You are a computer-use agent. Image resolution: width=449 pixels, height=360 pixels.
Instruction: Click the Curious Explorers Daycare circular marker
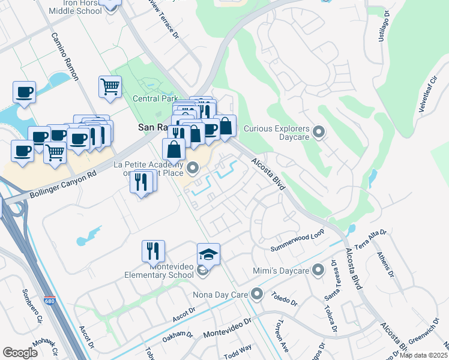[x=319, y=131]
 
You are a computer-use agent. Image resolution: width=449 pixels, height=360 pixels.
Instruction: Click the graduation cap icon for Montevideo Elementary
[x=208, y=254]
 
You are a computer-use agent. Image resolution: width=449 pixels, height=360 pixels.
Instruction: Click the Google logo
[x=20, y=352]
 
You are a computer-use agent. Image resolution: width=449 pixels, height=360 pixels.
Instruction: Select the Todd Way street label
[x=238, y=352]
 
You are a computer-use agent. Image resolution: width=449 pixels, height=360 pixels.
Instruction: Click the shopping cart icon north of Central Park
[x=110, y=87]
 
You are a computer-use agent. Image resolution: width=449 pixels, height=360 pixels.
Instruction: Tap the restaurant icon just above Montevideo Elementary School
[x=153, y=251]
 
